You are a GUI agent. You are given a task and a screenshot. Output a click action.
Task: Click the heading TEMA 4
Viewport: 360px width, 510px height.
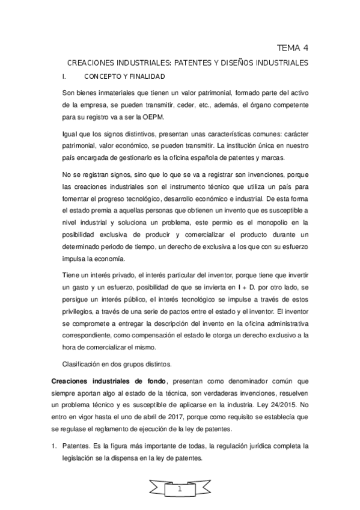(293, 48)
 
